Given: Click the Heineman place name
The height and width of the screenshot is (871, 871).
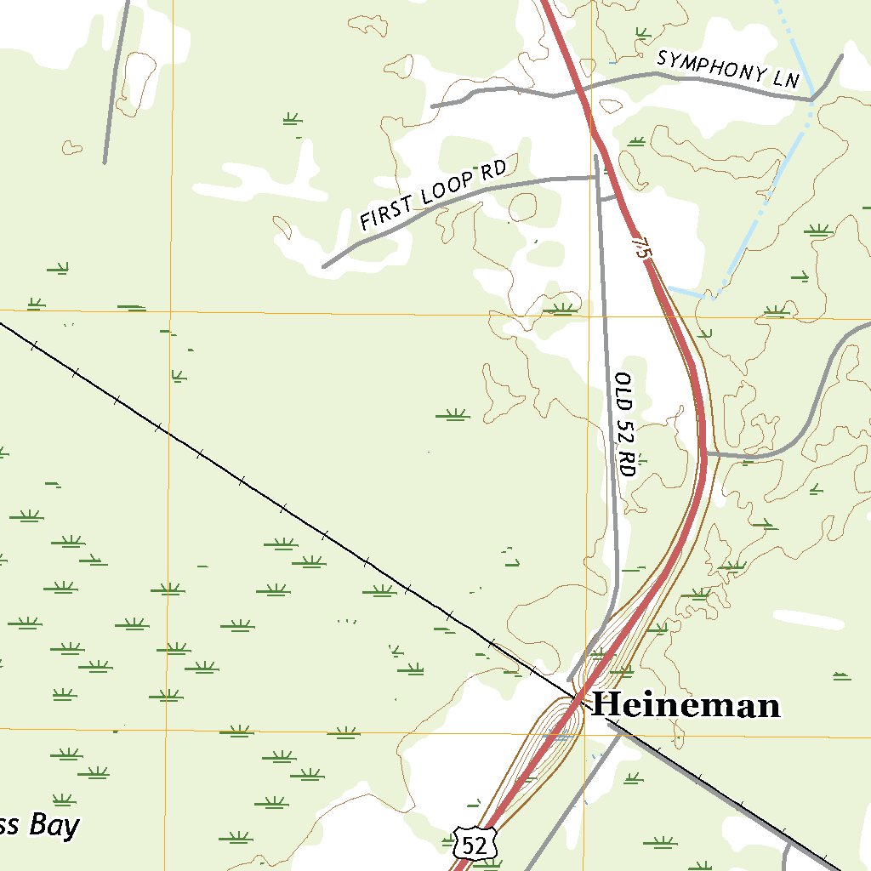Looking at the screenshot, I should pyautogui.click(x=686, y=705).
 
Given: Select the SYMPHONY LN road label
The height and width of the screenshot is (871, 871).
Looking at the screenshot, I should pyautogui.click(x=728, y=69).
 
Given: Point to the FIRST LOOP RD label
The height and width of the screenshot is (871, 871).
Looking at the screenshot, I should pyautogui.click(x=433, y=194).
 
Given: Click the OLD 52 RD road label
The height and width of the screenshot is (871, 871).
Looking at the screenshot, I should pyautogui.click(x=625, y=424).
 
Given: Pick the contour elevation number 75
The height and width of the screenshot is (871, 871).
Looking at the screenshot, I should pyautogui.click(x=640, y=249).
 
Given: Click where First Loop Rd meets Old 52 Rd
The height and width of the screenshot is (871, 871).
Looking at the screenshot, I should pyautogui.click(x=595, y=177).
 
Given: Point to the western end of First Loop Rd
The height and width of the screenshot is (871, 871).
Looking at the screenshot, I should pyautogui.click(x=324, y=266).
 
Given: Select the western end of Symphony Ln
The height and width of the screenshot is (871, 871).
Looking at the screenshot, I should pyautogui.click(x=433, y=106).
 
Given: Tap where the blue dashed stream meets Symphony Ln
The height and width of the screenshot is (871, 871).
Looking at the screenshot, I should pyautogui.click(x=813, y=99).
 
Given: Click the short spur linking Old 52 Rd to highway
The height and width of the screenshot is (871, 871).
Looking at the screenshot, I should pyautogui.click(x=607, y=198).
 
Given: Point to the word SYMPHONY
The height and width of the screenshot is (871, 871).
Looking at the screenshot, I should pyautogui.click(x=709, y=65).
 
